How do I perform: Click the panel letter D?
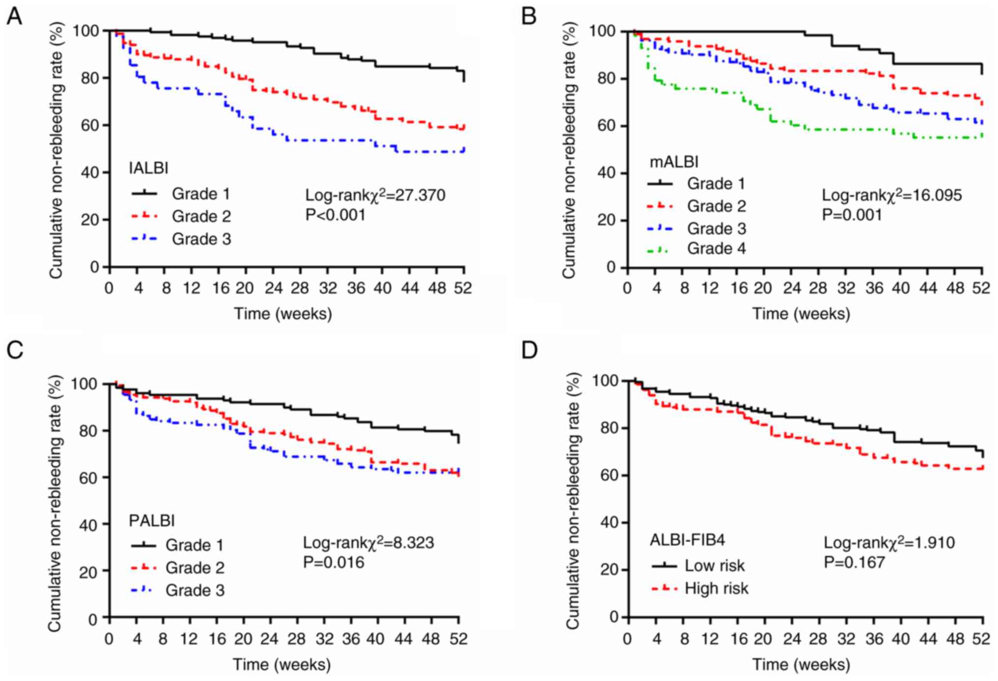coord(529,350)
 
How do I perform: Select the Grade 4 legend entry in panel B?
coord(716,249)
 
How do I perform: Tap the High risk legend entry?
coord(716,588)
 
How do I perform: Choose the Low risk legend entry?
coord(715,566)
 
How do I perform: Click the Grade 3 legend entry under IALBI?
coord(201,239)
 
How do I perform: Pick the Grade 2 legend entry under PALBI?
coord(194,567)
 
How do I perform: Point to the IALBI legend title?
coord(148,168)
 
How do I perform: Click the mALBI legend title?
coord(674,162)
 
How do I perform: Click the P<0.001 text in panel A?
coord(335,215)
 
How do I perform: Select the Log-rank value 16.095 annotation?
coord(891,195)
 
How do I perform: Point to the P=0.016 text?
coord(333,562)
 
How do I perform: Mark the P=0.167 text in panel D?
coord(854,562)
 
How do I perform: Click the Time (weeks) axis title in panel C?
coord(281,664)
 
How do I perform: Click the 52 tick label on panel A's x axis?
coord(462,288)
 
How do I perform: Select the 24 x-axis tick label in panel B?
coord(791,288)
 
